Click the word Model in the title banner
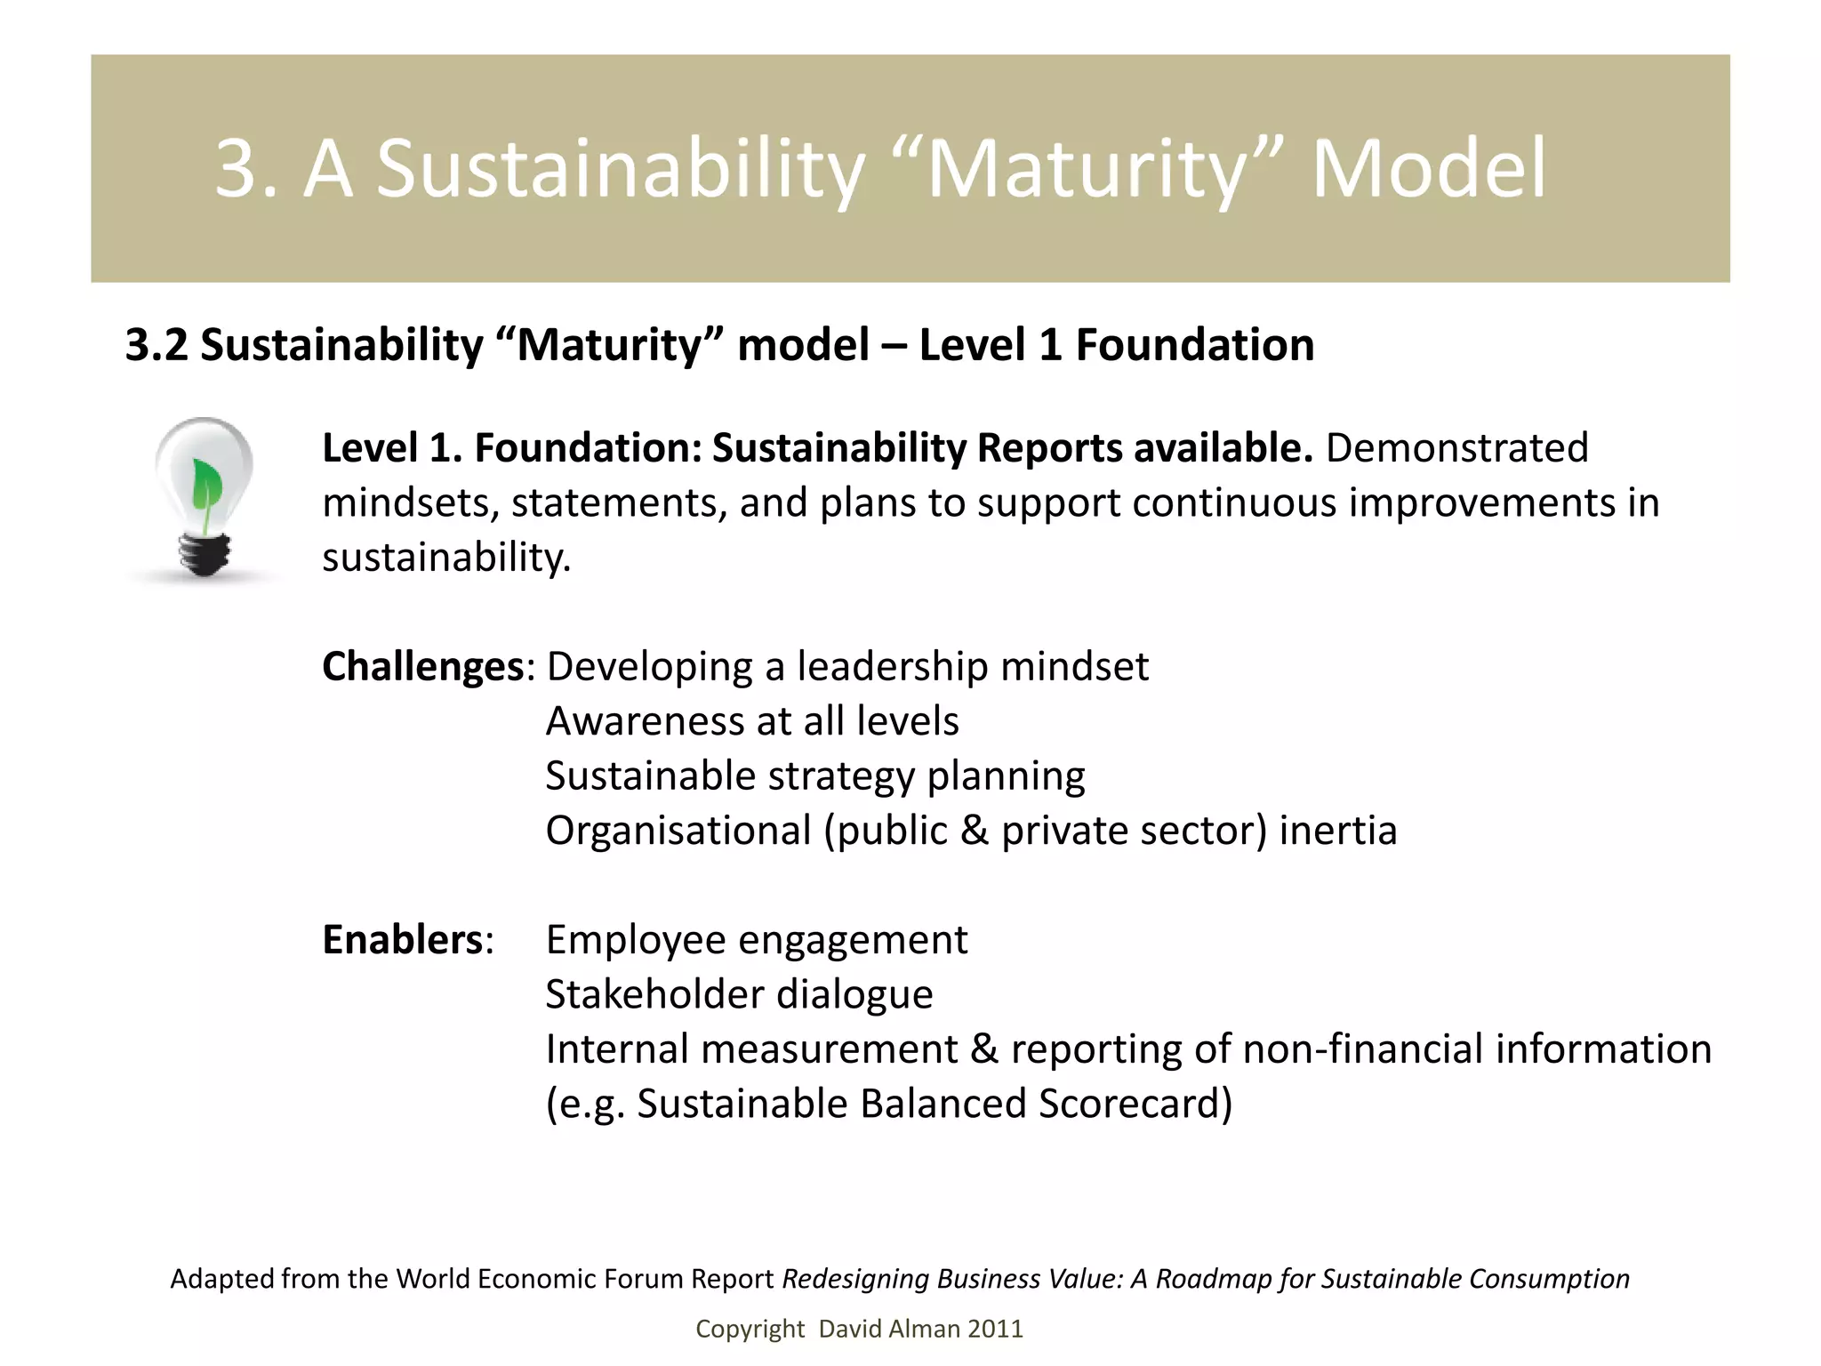pos(1429,168)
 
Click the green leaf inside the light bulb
pos(206,487)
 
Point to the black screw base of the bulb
pos(205,554)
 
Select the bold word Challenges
pos(422,666)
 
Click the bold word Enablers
pos(402,940)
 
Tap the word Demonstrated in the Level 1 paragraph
pos(1456,447)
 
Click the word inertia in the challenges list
pos(1338,831)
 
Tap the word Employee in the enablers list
pos(635,940)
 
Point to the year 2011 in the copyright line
pos(995,1329)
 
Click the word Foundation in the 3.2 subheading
pos(1195,345)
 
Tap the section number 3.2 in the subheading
pos(156,345)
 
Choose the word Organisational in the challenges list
pos(678,831)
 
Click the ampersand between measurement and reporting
pos(983,1049)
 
